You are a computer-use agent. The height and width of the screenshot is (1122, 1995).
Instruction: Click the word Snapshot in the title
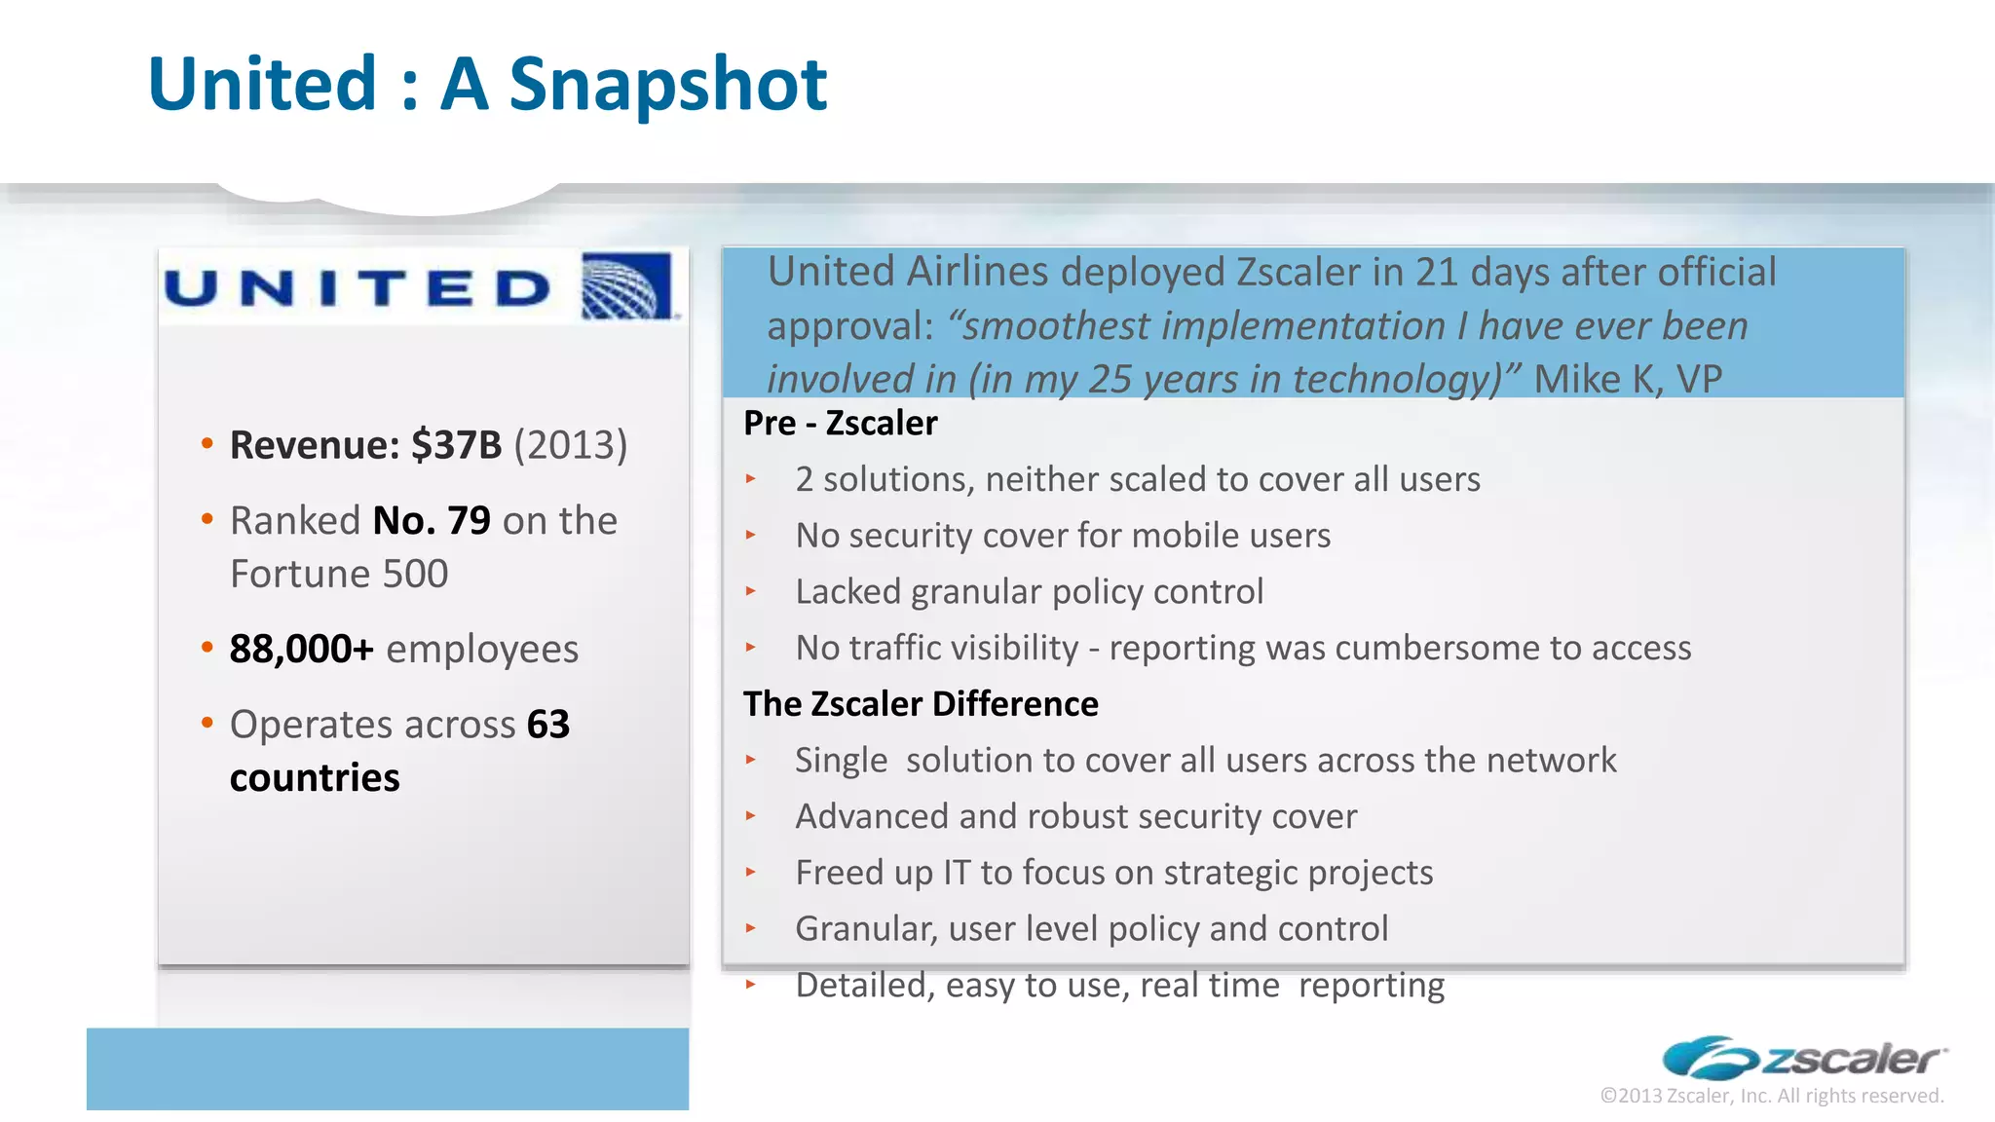(667, 85)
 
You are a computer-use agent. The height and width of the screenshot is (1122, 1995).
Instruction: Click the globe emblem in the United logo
(626, 286)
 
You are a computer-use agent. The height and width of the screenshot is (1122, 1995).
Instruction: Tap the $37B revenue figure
(456, 445)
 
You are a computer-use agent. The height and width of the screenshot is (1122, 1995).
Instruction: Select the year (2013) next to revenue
(570, 445)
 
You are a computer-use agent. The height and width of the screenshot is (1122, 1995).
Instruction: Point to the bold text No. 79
(432, 521)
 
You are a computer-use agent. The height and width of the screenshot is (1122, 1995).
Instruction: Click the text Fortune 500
(339, 574)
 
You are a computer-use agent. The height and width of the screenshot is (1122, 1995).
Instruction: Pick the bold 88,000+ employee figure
(301, 649)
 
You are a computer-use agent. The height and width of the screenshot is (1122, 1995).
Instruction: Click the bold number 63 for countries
(547, 725)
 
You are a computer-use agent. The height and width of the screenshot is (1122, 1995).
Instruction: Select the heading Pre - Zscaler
(840, 424)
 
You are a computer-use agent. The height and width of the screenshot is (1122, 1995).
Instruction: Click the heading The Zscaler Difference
(921, 704)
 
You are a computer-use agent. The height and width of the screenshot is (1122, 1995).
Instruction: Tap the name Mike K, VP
(1627, 379)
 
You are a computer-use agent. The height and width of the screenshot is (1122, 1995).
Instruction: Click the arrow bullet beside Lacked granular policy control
(750, 591)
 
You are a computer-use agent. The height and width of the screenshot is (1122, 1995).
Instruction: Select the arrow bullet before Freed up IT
(750, 872)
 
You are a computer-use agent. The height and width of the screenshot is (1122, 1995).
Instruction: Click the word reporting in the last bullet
(1371, 985)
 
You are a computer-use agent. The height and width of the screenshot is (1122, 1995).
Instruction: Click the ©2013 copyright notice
(1771, 1096)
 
